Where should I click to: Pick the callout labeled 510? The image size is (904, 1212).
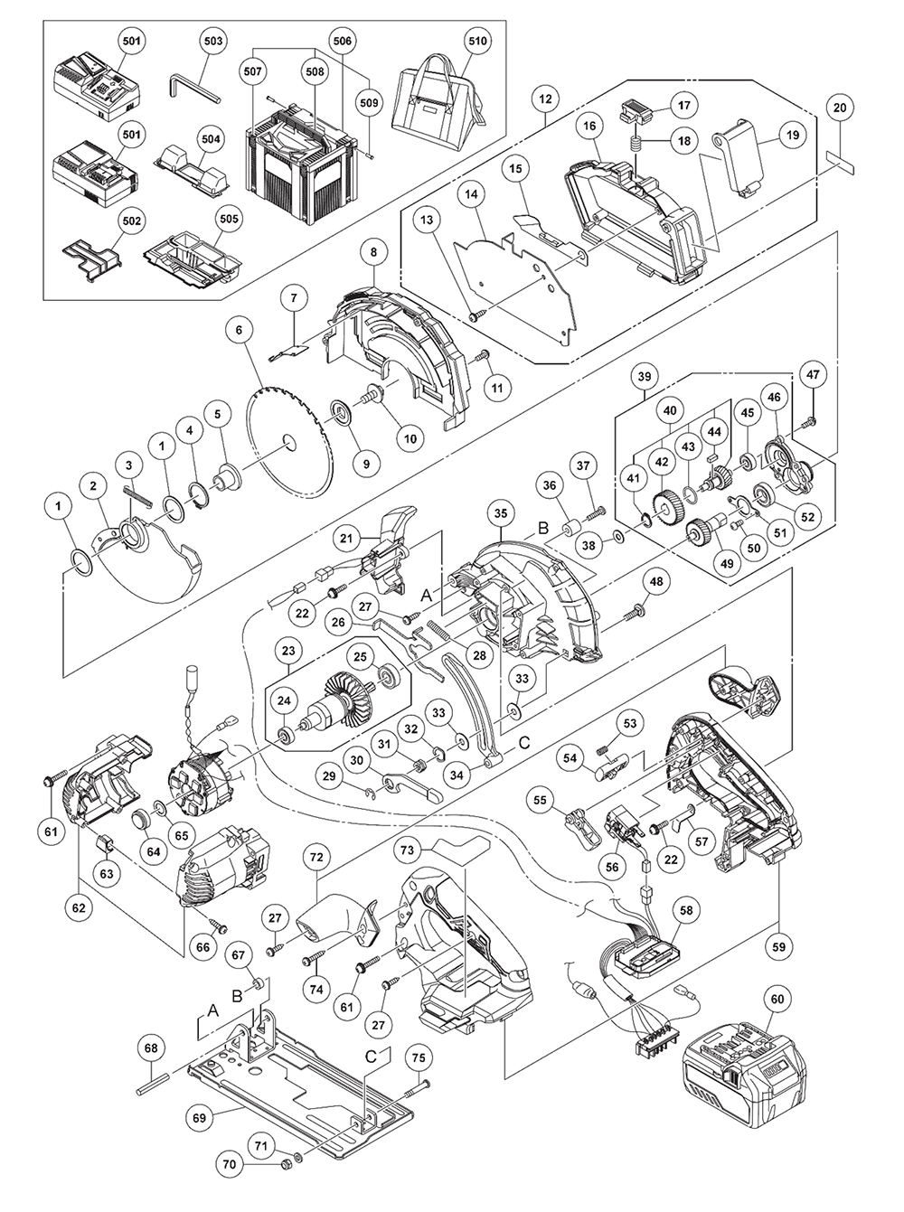tap(475, 42)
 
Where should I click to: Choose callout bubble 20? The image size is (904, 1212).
tap(840, 108)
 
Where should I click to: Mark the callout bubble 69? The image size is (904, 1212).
tap(201, 1117)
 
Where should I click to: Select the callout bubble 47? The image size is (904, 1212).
tap(813, 374)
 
